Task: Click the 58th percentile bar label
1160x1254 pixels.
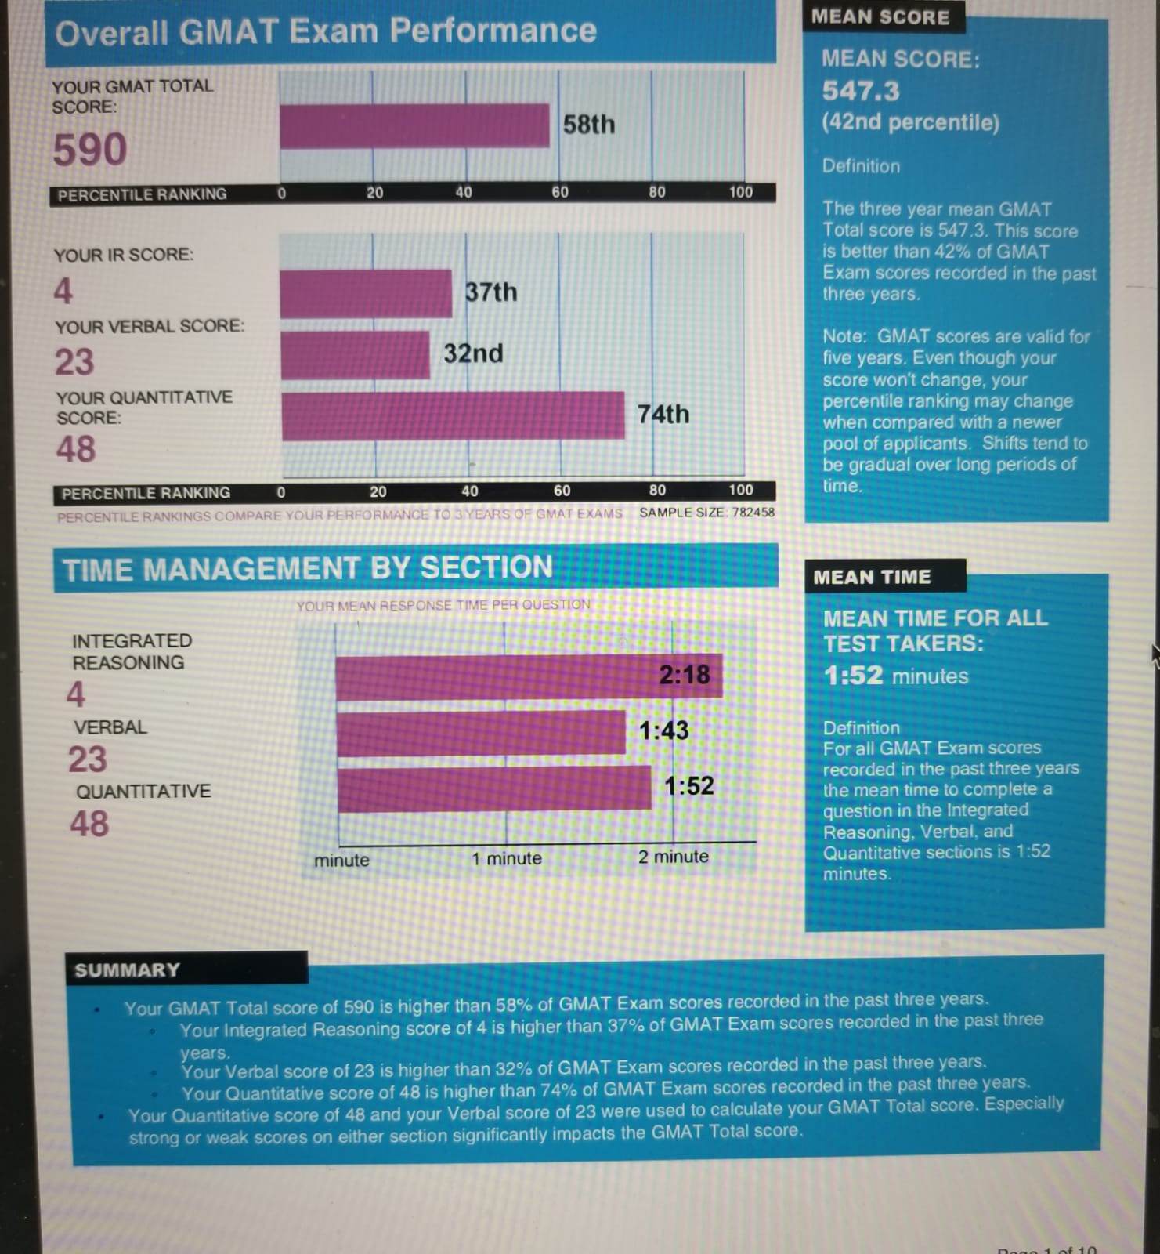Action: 589,125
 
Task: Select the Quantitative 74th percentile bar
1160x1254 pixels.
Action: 453,415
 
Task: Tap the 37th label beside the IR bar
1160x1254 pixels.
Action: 491,292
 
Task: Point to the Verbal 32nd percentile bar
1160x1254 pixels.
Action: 355,355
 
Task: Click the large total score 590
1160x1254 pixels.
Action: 89,150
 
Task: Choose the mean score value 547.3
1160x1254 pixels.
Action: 861,92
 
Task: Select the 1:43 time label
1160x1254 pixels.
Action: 663,730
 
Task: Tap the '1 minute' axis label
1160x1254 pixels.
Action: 506,858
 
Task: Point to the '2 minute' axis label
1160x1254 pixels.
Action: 673,857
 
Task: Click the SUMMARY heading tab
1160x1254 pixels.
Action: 127,970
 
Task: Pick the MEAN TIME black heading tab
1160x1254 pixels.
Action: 872,577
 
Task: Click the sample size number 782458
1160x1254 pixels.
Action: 753,513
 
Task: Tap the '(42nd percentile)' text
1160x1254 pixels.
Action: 910,123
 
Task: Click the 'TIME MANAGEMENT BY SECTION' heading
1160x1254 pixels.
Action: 308,568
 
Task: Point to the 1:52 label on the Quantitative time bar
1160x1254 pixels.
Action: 689,786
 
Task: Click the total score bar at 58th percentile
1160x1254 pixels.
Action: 414,125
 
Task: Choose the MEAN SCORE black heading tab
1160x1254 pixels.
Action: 880,17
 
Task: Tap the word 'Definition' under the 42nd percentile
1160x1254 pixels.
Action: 861,166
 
